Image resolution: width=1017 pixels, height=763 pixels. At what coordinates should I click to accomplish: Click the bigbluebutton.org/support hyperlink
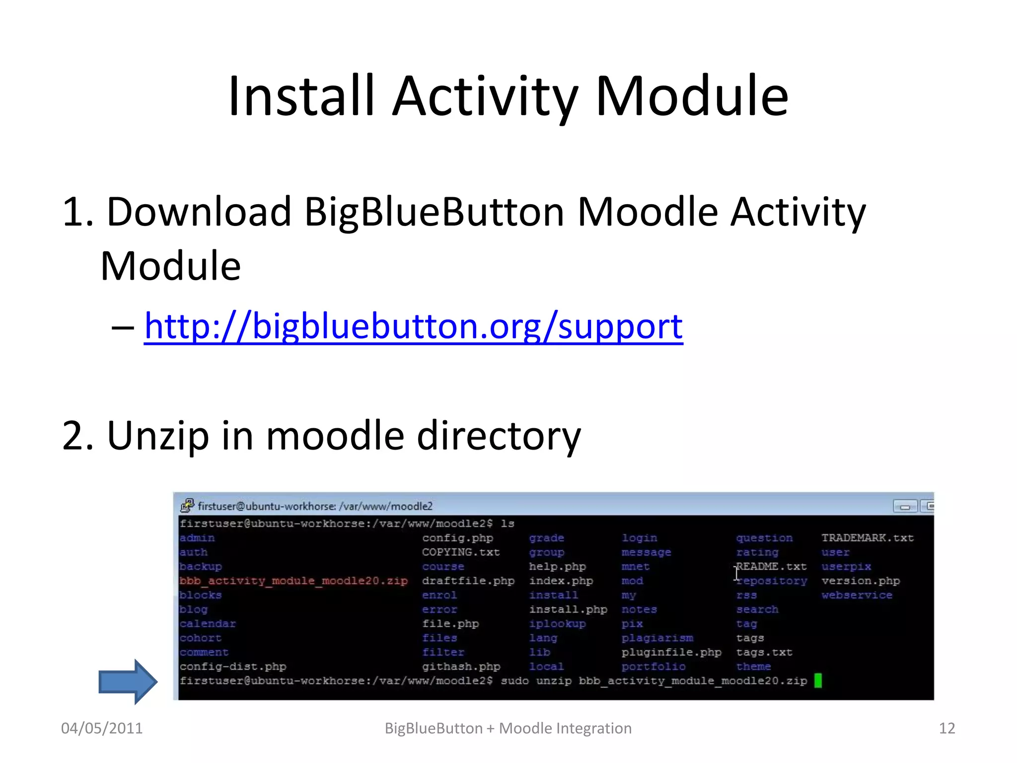point(413,327)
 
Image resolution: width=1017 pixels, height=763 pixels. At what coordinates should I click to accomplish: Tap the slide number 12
point(946,728)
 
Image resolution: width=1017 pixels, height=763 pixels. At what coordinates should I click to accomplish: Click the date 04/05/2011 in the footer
point(102,728)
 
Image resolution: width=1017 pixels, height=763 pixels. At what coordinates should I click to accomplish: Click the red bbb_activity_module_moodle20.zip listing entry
point(293,581)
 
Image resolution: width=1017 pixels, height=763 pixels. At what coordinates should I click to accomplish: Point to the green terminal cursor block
point(818,681)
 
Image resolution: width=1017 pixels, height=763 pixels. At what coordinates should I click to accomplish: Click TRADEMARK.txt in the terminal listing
point(867,538)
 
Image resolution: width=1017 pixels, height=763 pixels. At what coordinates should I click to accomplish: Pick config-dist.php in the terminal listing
point(233,667)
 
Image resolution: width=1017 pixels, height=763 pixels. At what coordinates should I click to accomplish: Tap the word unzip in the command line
point(553,681)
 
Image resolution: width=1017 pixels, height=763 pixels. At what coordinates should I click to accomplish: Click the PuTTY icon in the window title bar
point(187,506)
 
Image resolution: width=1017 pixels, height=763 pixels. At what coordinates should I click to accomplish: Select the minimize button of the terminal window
point(904,506)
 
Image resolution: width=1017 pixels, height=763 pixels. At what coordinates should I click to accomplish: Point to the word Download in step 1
point(199,212)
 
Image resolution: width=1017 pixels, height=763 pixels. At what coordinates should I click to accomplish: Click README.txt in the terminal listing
point(771,567)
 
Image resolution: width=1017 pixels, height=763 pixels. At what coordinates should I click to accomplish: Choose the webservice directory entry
point(857,595)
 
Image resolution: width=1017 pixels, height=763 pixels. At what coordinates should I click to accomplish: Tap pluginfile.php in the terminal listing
point(671,652)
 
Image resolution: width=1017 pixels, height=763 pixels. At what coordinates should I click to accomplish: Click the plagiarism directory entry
point(657,638)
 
